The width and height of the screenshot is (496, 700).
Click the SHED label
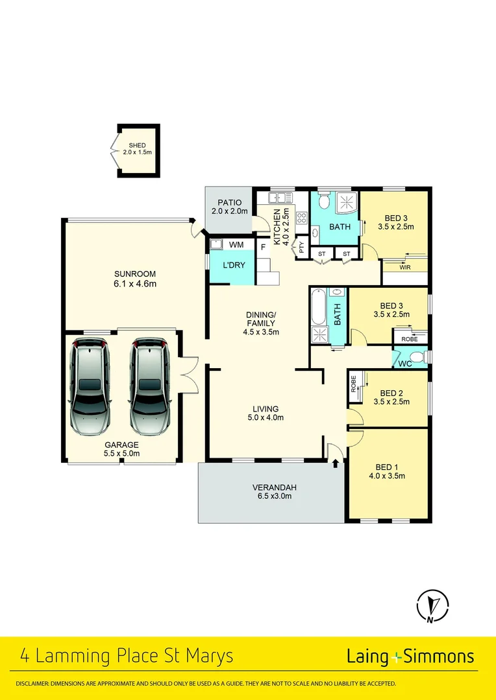(x=137, y=145)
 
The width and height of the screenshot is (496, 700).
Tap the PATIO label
(x=229, y=203)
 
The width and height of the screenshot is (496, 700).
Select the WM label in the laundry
(x=237, y=244)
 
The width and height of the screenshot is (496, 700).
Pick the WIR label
(x=405, y=267)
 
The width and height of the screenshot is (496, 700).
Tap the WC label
(x=405, y=364)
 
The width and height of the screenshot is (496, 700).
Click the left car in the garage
(x=90, y=386)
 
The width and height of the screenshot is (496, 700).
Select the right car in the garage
(x=150, y=386)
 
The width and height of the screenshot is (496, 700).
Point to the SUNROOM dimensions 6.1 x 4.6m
(x=135, y=283)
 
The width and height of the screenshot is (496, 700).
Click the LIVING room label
(x=266, y=409)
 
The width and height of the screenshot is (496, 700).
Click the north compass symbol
(x=431, y=606)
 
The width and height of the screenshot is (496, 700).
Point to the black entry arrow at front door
(x=336, y=463)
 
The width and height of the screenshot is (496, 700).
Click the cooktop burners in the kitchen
(x=302, y=218)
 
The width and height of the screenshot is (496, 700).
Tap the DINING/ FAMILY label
(x=261, y=318)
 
